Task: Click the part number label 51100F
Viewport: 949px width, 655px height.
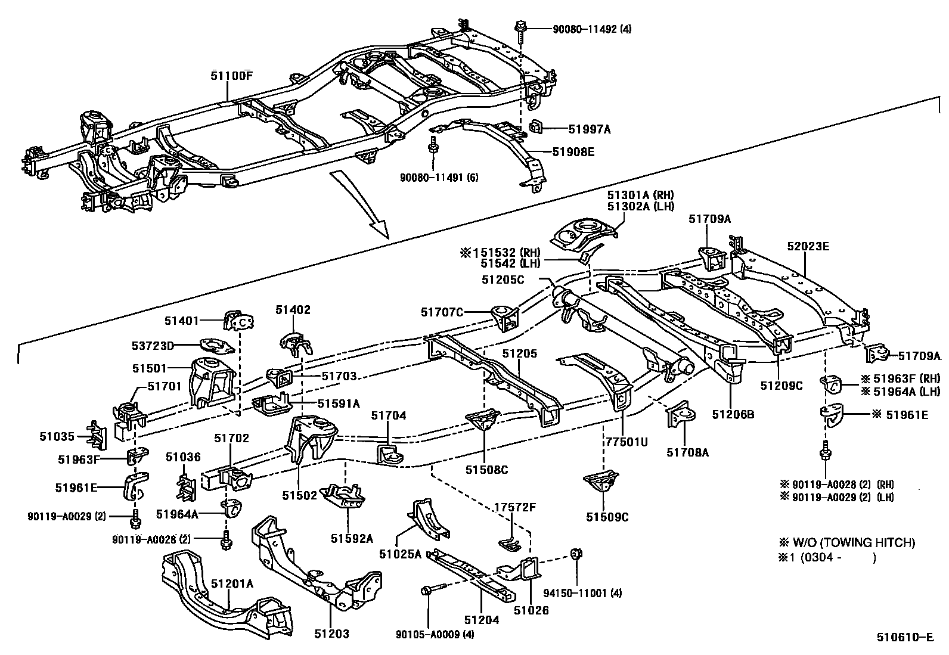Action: coord(231,76)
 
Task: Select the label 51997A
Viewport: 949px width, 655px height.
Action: coord(590,129)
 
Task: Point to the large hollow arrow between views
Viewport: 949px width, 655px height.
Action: coord(360,204)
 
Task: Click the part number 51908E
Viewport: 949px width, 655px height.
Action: coord(573,151)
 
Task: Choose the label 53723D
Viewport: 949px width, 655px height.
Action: coord(153,346)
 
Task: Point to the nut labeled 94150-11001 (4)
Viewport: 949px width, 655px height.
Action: coord(576,553)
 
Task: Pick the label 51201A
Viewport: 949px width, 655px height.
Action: coord(232,584)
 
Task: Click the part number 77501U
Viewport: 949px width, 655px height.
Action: coord(627,442)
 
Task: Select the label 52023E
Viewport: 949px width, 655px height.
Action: coord(808,246)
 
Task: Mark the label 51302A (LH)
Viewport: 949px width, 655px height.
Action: coord(641,206)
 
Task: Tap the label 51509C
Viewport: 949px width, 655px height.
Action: coord(607,517)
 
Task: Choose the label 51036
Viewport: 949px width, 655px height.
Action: coord(183,457)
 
